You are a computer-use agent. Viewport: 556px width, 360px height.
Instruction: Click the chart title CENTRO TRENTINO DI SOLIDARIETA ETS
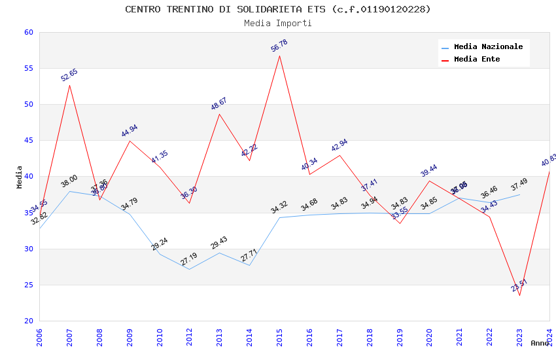(x=278, y=9)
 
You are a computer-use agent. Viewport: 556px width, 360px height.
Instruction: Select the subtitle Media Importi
(x=278, y=23)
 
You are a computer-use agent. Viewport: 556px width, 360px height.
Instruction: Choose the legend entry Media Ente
(x=477, y=59)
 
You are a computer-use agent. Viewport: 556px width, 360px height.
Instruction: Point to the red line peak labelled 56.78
(x=279, y=56)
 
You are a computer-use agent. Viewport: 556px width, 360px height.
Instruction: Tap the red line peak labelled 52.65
(x=69, y=85)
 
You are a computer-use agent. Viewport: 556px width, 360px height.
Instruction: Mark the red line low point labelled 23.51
(x=519, y=295)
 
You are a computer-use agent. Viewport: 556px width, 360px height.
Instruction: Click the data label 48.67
(x=219, y=103)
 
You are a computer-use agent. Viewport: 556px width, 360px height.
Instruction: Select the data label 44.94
(x=130, y=131)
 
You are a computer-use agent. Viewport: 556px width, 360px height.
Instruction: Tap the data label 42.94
(x=339, y=145)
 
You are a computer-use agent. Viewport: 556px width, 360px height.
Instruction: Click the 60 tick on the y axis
(x=28, y=33)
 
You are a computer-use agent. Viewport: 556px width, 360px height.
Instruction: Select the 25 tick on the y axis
(x=28, y=285)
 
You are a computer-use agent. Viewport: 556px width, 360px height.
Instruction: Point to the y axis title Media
(x=20, y=177)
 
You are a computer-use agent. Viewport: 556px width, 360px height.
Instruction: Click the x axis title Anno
(x=540, y=343)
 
